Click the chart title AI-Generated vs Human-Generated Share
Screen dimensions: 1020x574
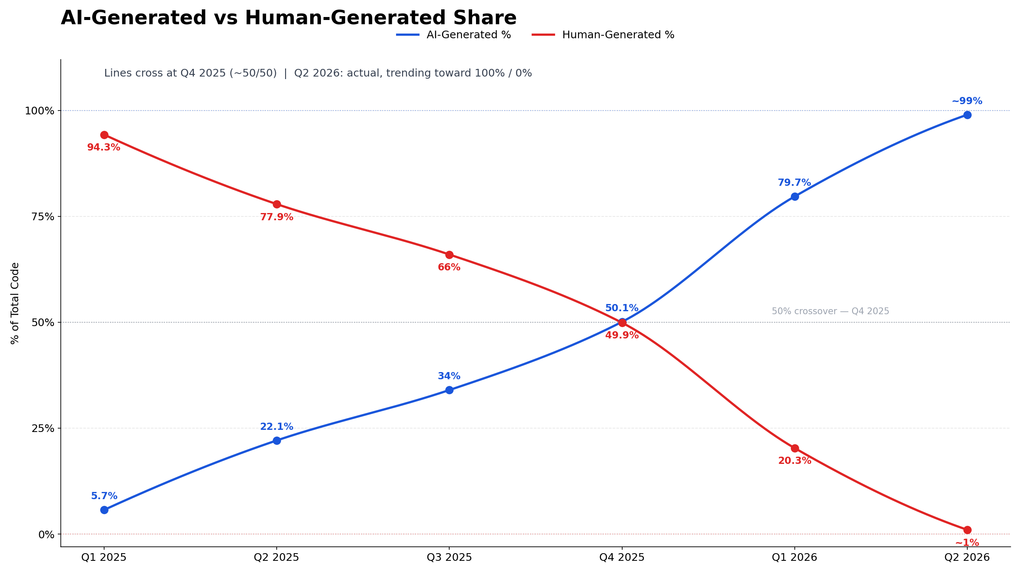(x=289, y=18)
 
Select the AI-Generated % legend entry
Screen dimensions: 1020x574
(x=453, y=35)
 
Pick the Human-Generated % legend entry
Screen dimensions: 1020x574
(x=603, y=35)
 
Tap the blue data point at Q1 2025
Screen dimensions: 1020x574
(x=104, y=510)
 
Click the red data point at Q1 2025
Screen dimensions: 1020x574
(x=104, y=135)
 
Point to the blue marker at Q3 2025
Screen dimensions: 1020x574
(x=449, y=390)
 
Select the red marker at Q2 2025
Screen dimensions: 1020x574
(x=277, y=204)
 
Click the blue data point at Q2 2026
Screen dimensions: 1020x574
(x=967, y=115)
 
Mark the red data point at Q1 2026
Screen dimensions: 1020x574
(x=795, y=448)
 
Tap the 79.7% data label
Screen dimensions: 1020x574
(x=794, y=183)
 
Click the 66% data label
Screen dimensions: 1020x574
(x=449, y=267)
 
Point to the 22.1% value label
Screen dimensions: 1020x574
(x=277, y=427)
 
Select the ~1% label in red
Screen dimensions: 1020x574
(x=967, y=543)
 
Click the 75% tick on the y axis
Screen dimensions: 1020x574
(x=43, y=216)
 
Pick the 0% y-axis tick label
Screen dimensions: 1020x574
(x=47, y=534)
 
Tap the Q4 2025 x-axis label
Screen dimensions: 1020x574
(x=622, y=557)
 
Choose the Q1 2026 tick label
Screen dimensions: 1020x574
(x=794, y=557)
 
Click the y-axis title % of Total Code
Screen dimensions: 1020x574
(x=15, y=303)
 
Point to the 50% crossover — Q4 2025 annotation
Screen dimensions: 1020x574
(x=830, y=311)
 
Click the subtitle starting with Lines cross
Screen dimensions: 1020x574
(x=318, y=73)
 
